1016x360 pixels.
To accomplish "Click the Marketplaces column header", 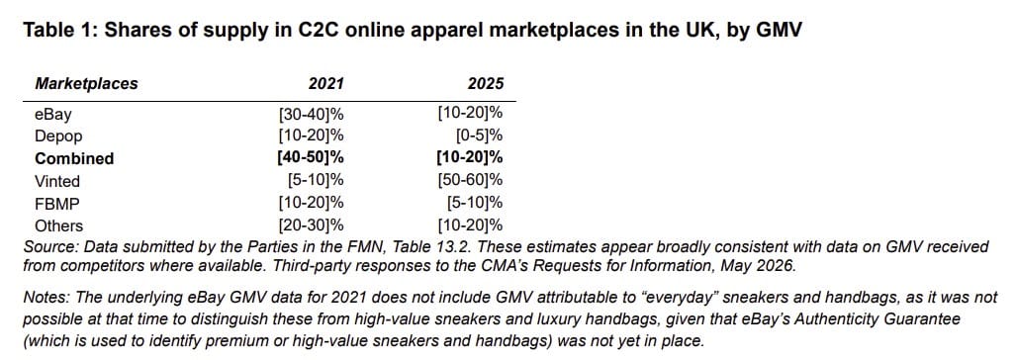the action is pyautogui.click(x=86, y=83).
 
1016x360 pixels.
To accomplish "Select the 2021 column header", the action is pyautogui.click(x=325, y=83).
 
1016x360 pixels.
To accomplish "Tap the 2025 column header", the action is pyautogui.click(x=486, y=83).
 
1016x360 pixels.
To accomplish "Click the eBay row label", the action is pyautogui.click(x=53, y=115).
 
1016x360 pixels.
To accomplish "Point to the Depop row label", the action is pyautogui.click(x=59, y=137).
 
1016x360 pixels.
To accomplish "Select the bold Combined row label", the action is pyautogui.click(x=74, y=158).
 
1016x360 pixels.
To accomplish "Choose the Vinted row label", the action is pyautogui.click(x=57, y=181).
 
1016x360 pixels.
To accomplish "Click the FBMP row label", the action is pyautogui.click(x=55, y=204).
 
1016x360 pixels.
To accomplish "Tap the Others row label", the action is pyautogui.click(x=59, y=225).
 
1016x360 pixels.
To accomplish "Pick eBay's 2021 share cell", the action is pyautogui.click(x=311, y=115).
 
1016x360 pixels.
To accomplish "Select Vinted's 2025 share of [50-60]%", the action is pyautogui.click(x=471, y=181).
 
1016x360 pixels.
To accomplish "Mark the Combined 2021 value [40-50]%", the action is pyautogui.click(x=309, y=158).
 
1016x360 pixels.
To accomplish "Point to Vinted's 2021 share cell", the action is pyautogui.click(x=315, y=181).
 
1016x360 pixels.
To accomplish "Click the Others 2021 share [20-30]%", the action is pyautogui.click(x=311, y=225).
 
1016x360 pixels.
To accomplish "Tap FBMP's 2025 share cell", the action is pyautogui.click(x=475, y=204).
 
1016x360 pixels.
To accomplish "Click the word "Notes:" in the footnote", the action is pyautogui.click(x=46, y=297).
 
